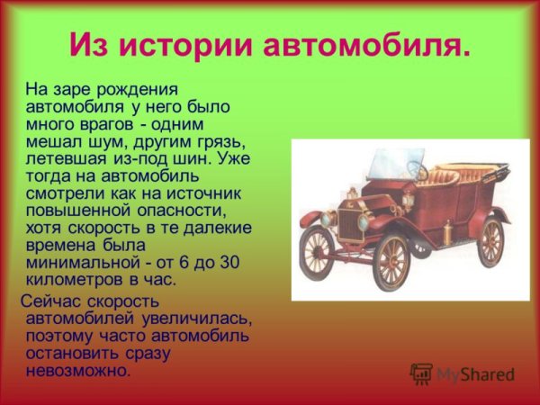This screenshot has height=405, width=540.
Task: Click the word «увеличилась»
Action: coord(194,318)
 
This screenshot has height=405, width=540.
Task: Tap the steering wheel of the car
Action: coord(416,168)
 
